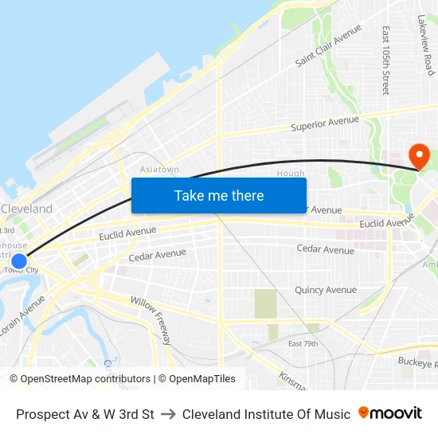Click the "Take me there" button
point(219,195)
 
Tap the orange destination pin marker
point(417,155)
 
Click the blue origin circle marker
point(19,260)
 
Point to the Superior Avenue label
point(325,124)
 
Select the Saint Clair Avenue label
point(328,50)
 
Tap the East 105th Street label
point(385,61)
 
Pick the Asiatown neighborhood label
point(159,170)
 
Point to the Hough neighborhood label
point(291,174)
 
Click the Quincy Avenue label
point(326,290)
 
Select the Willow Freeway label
point(151,319)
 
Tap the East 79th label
point(303,343)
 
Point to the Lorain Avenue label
point(23,316)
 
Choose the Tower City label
point(21,271)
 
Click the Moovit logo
point(389,413)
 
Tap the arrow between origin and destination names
point(167,414)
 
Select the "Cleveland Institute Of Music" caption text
point(266,414)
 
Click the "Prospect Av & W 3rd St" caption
point(85,414)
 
